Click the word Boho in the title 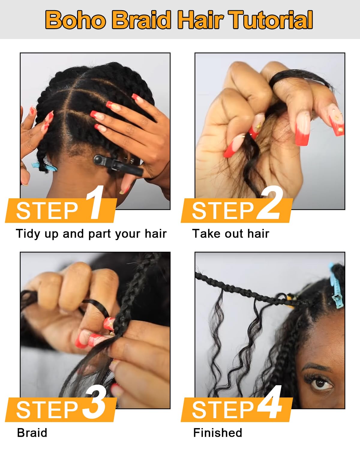[76, 20]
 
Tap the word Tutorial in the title [270, 20]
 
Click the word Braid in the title [142, 20]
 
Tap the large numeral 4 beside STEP [269, 402]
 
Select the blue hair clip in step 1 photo [44, 167]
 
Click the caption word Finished [217, 433]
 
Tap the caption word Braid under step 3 [32, 433]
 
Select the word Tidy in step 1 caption [28, 234]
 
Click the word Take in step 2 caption [206, 233]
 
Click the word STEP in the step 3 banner [47, 410]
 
